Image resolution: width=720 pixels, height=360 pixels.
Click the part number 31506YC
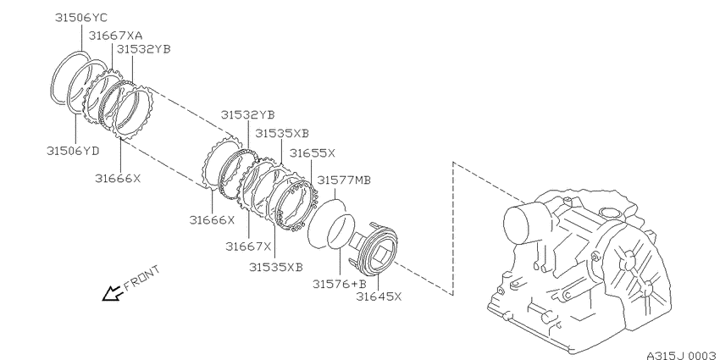click(x=80, y=18)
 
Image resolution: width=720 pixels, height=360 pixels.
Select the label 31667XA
click(x=115, y=36)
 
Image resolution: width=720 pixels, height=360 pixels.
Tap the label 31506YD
click(x=73, y=151)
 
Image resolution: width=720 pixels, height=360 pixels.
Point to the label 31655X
click(x=313, y=153)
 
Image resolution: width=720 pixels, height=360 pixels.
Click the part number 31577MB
click(x=344, y=180)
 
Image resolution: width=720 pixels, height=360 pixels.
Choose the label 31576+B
click(x=340, y=284)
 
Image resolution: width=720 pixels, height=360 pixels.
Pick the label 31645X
click(x=379, y=296)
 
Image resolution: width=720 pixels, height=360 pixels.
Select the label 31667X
click(x=248, y=246)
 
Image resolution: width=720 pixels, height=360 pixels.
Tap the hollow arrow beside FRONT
click(x=113, y=293)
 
